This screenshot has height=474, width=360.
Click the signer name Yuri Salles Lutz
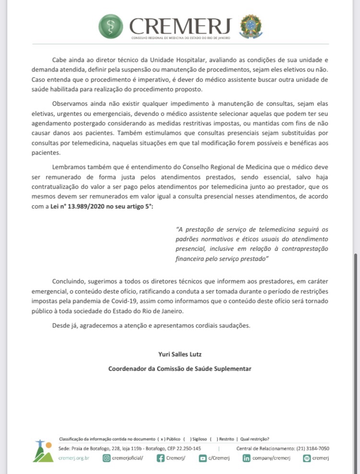point(180,354)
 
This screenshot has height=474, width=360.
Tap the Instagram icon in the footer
point(107,458)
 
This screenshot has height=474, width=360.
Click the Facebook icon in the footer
point(161,458)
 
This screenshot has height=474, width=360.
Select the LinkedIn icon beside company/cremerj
point(246,458)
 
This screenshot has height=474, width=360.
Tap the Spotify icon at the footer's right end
point(306,458)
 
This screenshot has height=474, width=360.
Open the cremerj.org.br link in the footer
point(73,458)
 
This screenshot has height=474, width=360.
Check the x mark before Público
point(163,439)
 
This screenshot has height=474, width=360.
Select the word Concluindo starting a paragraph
point(67,280)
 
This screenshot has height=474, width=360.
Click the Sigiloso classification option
point(199,439)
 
